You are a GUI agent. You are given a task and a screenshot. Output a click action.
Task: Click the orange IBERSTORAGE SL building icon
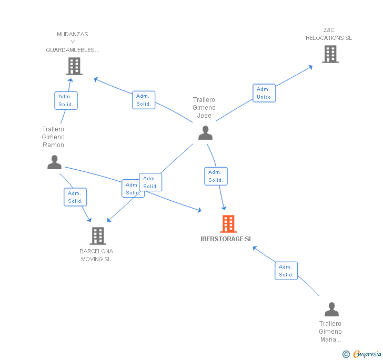[228, 223]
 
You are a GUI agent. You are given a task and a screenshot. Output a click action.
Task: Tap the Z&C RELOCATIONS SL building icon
[330, 54]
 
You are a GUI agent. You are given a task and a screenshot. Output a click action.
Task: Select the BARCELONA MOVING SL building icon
[98, 236]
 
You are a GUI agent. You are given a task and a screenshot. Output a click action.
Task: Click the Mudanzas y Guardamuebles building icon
[74, 66]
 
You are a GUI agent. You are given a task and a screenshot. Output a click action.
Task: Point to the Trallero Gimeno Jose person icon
[205, 133]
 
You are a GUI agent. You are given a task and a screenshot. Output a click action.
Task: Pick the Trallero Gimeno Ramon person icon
[54, 162]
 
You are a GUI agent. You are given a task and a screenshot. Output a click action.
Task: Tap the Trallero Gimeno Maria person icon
[331, 309]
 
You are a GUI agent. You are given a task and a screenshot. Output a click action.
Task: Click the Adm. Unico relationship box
[264, 93]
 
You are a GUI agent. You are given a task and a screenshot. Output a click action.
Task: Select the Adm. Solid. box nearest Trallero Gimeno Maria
[286, 271]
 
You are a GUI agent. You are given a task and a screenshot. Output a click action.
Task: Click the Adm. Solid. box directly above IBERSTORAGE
[216, 176]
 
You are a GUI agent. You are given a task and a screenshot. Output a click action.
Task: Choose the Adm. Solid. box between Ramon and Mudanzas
[66, 100]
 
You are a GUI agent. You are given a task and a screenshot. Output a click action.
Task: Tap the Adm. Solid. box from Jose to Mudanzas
[144, 100]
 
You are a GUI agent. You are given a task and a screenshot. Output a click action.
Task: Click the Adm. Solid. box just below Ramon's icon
[75, 197]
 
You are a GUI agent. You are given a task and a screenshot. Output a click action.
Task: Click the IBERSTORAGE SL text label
[226, 239]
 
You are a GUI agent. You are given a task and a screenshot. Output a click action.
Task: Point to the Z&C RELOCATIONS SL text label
[329, 34]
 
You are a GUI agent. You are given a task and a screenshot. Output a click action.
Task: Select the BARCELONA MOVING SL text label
[96, 255]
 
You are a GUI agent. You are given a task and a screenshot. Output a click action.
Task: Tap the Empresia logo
[363, 354]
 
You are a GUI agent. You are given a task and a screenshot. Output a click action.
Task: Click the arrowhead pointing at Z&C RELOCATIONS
[311, 67]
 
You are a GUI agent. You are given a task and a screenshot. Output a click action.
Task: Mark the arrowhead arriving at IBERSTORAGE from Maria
[255, 248]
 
